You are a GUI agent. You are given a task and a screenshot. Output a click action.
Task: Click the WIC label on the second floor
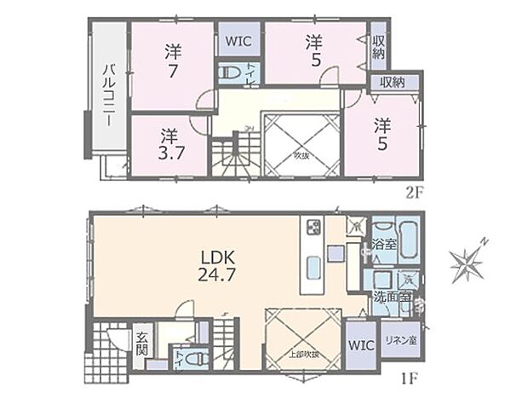238,39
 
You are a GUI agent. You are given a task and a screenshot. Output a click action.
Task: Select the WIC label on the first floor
359,347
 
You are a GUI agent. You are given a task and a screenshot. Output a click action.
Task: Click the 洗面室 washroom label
389,297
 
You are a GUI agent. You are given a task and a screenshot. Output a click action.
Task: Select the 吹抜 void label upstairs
301,156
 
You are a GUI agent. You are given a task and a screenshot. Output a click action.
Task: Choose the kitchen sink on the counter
311,268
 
